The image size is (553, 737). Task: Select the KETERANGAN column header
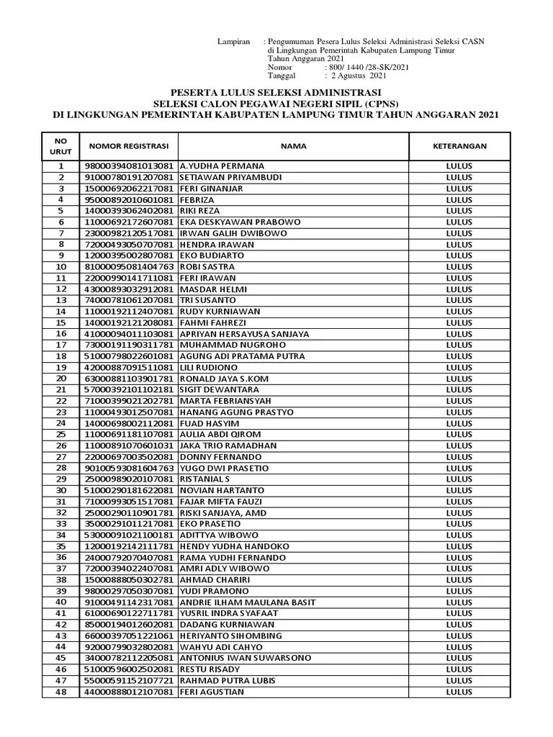click(459, 146)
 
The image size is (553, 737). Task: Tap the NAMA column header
click(294, 146)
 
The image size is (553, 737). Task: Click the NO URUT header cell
click(61, 146)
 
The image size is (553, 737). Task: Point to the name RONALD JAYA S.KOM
click(220, 379)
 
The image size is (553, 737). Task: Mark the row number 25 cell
click(61, 435)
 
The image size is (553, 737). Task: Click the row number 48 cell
click(61, 692)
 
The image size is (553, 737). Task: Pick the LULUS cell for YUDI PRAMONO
click(459, 591)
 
